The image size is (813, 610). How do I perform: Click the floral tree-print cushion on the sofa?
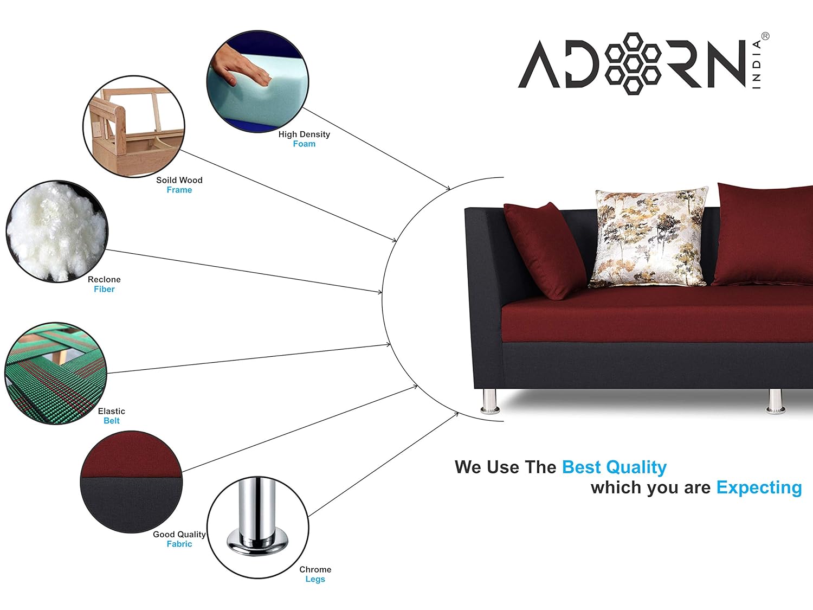(648, 237)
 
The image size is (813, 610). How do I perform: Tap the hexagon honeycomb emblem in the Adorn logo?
(633, 63)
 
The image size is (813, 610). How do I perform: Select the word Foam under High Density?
(304, 144)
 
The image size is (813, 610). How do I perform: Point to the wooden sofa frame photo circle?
(134, 126)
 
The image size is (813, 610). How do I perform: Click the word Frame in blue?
(179, 190)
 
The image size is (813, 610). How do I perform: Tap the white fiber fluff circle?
(57, 232)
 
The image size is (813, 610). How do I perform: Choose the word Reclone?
(104, 279)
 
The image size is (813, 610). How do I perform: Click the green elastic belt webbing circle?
(56, 374)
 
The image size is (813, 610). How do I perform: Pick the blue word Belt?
(112, 421)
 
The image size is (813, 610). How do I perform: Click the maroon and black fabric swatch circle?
(131, 482)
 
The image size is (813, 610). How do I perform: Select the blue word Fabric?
(179, 544)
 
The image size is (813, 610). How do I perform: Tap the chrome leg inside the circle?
(257, 518)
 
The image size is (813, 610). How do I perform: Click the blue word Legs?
(315, 579)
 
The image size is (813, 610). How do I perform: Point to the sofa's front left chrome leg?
(490, 401)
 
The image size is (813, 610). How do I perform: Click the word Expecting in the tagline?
(759, 487)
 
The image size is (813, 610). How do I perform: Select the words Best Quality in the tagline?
(614, 467)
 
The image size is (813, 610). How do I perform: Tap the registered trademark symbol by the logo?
(765, 36)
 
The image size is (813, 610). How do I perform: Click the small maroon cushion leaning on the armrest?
(545, 250)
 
